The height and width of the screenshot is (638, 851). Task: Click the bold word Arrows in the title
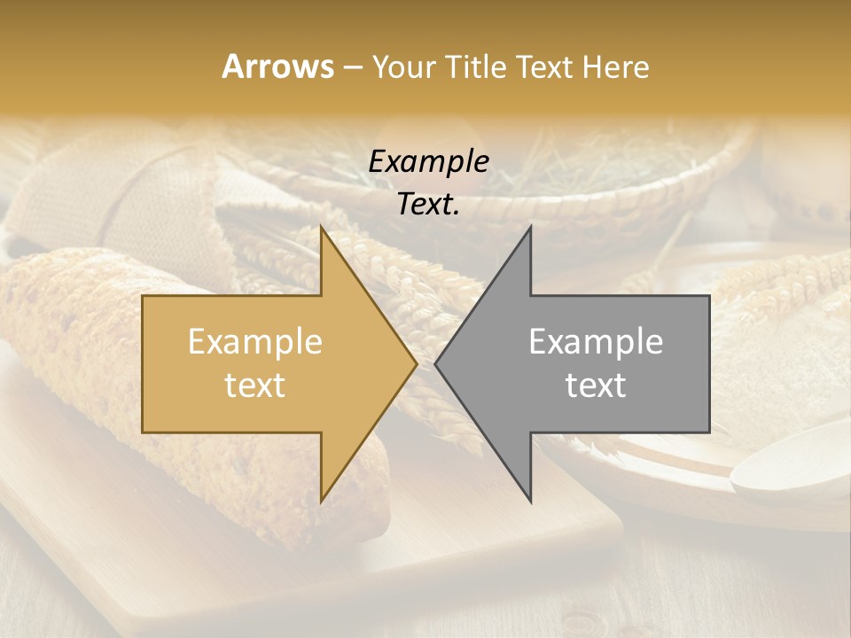(x=277, y=66)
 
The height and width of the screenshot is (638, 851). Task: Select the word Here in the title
(x=617, y=67)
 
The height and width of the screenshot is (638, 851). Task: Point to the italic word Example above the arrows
(x=428, y=162)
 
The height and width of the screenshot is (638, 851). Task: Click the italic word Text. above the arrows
(x=428, y=205)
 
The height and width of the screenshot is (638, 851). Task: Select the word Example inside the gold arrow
(x=255, y=342)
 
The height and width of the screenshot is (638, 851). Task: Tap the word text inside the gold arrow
(x=255, y=385)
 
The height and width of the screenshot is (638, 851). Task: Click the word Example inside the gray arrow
(x=596, y=342)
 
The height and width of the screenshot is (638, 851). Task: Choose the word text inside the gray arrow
(x=596, y=385)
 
